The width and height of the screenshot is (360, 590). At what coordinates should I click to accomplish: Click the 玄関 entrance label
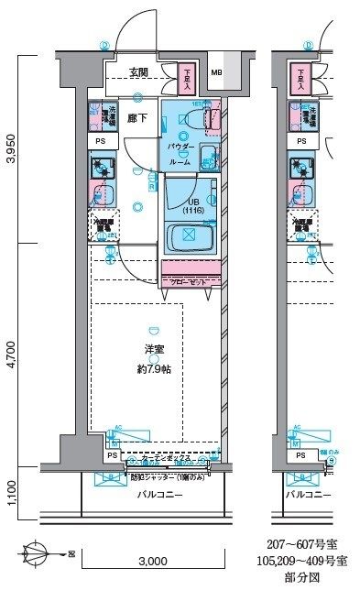[x=138, y=73]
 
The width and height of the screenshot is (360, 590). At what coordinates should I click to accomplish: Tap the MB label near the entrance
[x=216, y=73]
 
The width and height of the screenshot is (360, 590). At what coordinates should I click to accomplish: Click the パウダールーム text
[x=180, y=153]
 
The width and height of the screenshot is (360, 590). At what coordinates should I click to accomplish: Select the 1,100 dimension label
[x=10, y=492]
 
